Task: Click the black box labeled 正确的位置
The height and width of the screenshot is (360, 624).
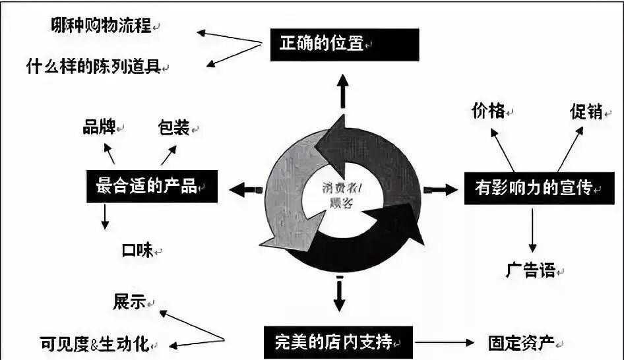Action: (x=344, y=44)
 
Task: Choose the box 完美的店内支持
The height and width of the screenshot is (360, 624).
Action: (x=338, y=342)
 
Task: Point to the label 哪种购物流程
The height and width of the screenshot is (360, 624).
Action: (x=101, y=26)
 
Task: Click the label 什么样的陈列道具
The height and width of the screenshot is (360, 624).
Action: (x=93, y=67)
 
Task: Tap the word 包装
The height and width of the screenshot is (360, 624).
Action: (x=174, y=127)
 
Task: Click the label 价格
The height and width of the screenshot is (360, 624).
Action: (x=489, y=111)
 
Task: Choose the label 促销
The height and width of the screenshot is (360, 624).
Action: (x=586, y=112)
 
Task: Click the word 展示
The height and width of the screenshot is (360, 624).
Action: (x=129, y=303)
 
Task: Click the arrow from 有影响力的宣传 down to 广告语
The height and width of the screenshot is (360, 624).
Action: (x=532, y=231)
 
